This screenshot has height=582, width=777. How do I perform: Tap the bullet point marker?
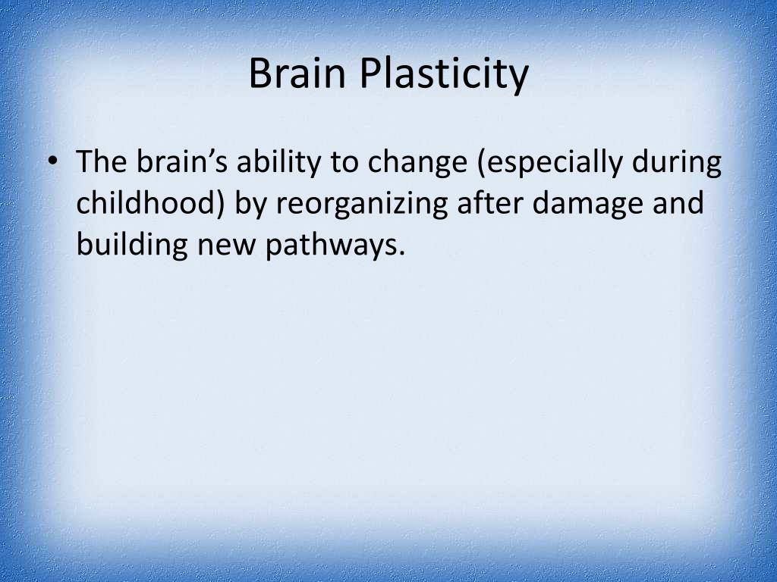tap(52, 163)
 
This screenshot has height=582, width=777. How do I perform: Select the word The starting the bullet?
tap(102, 162)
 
